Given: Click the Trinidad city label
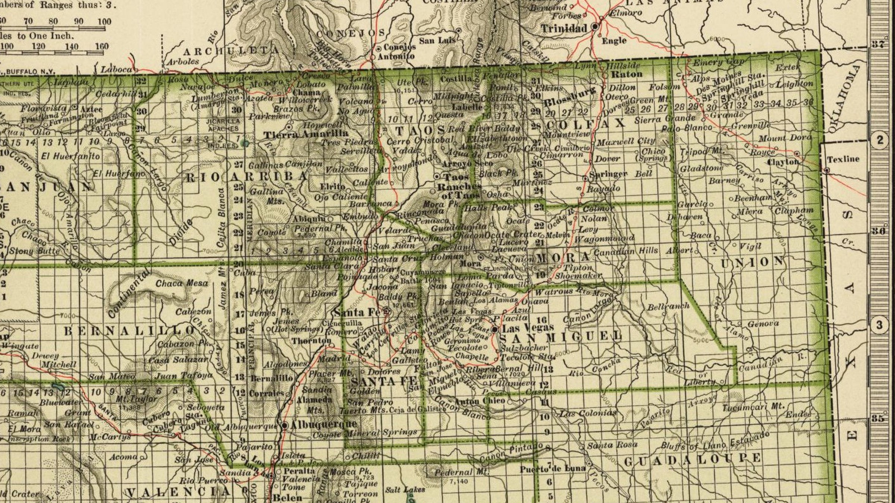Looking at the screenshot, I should [x=564, y=28].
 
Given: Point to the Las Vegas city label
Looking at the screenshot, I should [x=528, y=328].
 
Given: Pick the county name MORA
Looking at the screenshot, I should [x=563, y=257].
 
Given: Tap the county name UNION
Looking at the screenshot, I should [x=753, y=262].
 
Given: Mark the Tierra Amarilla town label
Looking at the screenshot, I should [x=306, y=134].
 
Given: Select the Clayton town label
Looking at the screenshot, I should [x=783, y=162].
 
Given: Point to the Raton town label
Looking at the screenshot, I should [x=627, y=74].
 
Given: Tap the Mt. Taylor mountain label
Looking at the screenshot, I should [x=136, y=399].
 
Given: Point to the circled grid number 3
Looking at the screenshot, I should [x=880, y=325].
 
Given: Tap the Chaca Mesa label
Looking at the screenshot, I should [x=182, y=283].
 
